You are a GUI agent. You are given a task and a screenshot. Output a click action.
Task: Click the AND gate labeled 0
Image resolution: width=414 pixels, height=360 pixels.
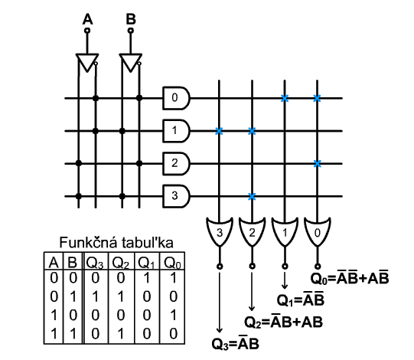click(x=176, y=98)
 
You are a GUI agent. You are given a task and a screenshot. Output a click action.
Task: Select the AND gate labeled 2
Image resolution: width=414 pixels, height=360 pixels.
click(x=176, y=164)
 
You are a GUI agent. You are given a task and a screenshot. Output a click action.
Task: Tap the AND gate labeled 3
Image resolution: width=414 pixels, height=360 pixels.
click(x=176, y=196)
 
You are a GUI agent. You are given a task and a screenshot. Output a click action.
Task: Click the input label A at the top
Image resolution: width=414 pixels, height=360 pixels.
click(x=87, y=20)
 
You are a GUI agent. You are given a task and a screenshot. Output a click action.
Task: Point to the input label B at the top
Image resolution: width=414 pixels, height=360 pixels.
click(x=131, y=20)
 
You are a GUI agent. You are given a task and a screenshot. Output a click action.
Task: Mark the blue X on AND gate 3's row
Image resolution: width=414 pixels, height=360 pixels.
click(x=252, y=196)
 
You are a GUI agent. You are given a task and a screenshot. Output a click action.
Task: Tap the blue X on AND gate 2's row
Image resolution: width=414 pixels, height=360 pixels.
click(x=317, y=164)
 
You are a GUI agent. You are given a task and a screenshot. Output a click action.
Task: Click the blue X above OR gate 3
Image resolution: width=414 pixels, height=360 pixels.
click(x=219, y=131)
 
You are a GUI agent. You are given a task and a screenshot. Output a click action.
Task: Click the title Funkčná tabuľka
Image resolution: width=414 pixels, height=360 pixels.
click(x=116, y=242)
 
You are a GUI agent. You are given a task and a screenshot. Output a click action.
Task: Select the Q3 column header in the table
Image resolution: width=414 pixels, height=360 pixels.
click(x=95, y=263)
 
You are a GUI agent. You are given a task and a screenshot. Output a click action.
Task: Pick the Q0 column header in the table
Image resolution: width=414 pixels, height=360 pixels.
click(x=172, y=263)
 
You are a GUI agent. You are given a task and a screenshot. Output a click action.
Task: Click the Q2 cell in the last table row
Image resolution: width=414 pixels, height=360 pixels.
click(x=121, y=333)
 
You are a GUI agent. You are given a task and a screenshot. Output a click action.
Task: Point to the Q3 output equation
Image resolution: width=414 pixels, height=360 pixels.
click(x=235, y=344)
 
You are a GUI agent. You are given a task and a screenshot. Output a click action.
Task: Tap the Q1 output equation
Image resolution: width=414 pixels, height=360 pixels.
click(x=300, y=299)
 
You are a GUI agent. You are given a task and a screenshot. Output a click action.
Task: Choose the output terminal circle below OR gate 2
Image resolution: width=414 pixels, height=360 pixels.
click(x=252, y=266)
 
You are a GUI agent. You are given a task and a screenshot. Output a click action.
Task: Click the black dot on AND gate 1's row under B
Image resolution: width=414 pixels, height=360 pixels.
click(x=122, y=131)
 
